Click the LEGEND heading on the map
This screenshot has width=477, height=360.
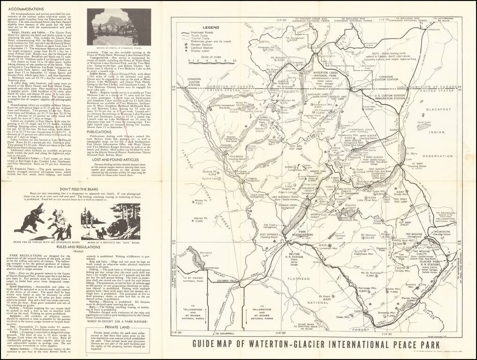click(211, 28)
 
